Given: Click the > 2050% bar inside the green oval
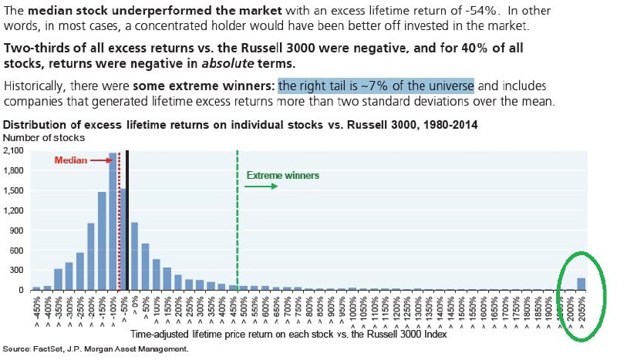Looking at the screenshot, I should point(582,284).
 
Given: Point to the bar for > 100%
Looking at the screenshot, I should point(157,274).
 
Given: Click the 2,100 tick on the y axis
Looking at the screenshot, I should point(15,152).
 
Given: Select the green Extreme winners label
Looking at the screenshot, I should point(282,175).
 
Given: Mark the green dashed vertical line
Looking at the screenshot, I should point(238,231).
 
